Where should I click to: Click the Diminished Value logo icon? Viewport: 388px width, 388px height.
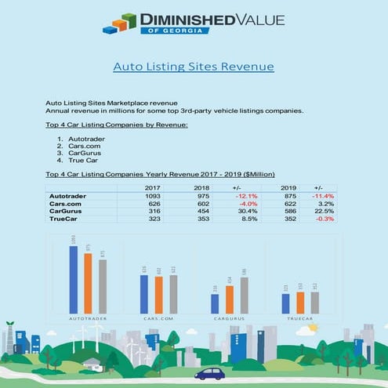[x=120, y=24]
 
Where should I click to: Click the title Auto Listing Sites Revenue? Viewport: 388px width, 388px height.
[x=194, y=67]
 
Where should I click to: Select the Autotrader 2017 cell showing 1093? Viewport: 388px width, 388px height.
[x=153, y=195]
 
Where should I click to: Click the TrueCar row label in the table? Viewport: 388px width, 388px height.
[x=65, y=219]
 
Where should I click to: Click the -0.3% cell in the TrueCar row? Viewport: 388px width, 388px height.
[x=324, y=219]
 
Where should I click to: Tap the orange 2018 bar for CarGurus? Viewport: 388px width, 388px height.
[x=229, y=299]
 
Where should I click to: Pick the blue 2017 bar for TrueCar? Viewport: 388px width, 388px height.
[x=285, y=303]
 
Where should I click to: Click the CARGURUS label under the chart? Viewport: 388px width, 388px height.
[x=228, y=319]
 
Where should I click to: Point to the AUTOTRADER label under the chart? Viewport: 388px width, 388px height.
[x=87, y=319]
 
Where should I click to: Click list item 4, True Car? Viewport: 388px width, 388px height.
[x=81, y=161]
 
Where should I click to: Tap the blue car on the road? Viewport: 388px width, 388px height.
[x=209, y=374]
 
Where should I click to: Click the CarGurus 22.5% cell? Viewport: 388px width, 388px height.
[x=324, y=211]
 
